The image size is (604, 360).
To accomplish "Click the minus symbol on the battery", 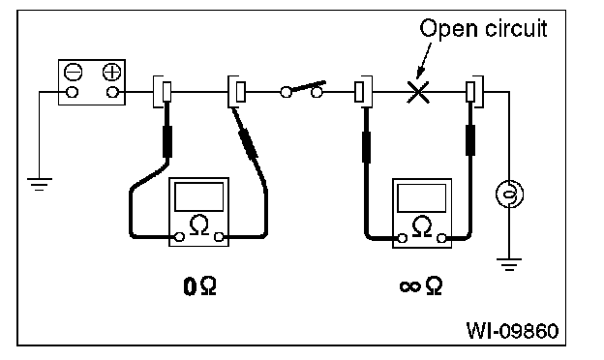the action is click(x=73, y=72).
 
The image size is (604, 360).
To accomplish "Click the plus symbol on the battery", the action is click(x=111, y=72).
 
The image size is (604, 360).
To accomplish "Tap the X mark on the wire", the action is click(x=418, y=92).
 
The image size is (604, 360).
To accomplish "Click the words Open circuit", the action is click(x=483, y=28).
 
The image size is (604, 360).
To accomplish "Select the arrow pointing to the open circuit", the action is click(x=425, y=60).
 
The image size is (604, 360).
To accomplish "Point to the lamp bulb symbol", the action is click(x=509, y=194).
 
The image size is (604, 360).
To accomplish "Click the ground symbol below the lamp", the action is click(x=509, y=264).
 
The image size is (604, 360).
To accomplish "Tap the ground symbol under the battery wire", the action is click(x=40, y=184).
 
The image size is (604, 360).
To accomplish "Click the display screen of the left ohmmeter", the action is click(x=198, y=196).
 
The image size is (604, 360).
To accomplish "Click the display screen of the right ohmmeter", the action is click(x=421, y=198).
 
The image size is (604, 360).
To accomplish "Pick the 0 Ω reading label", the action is click(x=199, y=286).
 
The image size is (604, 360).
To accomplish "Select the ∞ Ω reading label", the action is click(x=421, y=285).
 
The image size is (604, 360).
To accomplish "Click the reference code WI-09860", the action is click(x=512, y=331).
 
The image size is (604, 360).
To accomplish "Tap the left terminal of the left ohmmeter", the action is click(x=179, y=237).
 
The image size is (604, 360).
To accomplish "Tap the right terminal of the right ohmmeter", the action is click(x=441, y=238).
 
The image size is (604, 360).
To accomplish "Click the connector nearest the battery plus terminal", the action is click(x=163, y=92).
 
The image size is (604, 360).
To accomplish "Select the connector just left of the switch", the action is click(x=237, y=92).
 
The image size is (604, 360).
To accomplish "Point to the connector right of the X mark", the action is click(x=474, y=92).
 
